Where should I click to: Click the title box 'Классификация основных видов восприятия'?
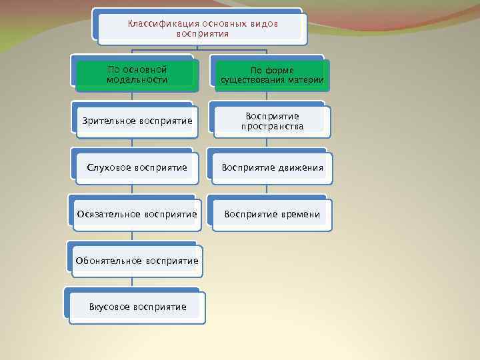(x=203, y=28)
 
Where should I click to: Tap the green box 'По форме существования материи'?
(x=272, y=75)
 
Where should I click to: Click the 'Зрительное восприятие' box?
(x=137, y=121)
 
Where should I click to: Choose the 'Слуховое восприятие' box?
(x=137, y=167)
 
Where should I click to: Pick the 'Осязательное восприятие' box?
(x=137, y=214)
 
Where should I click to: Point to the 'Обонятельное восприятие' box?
(x=137, y=261)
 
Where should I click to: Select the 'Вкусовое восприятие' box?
(x=137, y=307)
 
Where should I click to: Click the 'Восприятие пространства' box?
(x=272, y=121)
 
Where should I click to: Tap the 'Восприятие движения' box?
(x=272, y=167)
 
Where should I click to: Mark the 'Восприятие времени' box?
(x=272, y=214)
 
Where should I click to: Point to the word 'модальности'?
(x=137, y=80)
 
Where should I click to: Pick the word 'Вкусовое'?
(x=109, y=307)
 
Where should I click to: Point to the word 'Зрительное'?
(x=109, y=121)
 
